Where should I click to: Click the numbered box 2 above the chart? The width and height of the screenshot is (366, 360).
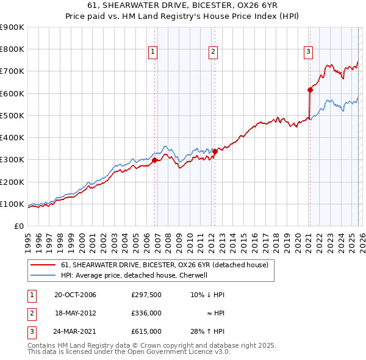(x=213, y=52)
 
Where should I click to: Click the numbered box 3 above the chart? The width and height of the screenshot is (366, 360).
(x=308, y=52)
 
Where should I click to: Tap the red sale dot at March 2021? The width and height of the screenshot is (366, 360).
(x=310, y=90)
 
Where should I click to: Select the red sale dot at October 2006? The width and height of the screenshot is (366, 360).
(x=154, y=160)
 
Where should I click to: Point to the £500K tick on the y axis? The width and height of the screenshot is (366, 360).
(x=12, y=115)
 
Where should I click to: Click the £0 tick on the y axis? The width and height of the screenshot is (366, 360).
(x=18, y=226)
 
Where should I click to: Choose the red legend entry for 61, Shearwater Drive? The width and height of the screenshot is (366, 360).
(x=168, y=265)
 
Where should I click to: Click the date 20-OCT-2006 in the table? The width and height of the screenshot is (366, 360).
(x=75, y=295)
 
